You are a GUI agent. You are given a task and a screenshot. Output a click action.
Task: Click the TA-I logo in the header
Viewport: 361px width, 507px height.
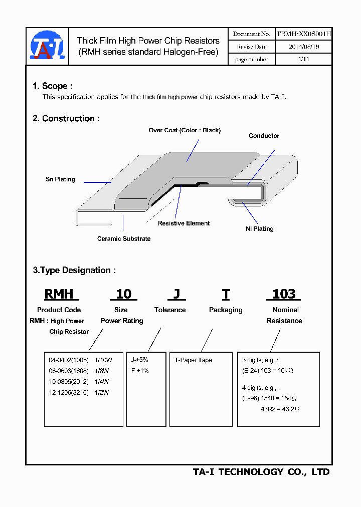coord(47,47)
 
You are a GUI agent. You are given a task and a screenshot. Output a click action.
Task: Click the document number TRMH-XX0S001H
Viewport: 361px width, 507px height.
coord(303,34)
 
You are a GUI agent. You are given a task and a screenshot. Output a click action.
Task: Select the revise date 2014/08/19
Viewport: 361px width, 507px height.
coord(303,47)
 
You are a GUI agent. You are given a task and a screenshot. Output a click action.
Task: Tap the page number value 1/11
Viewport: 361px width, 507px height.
coord(303,59)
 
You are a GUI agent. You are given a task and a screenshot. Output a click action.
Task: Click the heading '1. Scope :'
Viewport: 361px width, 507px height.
coord(53,86)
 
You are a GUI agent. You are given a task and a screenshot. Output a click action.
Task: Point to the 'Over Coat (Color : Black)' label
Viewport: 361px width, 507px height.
coord(185,130)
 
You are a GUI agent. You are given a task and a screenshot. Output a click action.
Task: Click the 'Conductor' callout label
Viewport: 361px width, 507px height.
coord(264,136)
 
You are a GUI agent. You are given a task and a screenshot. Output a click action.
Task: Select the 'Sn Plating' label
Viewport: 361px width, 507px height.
coord(60,179)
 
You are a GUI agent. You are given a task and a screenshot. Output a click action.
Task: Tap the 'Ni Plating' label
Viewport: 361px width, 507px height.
coord(260,229)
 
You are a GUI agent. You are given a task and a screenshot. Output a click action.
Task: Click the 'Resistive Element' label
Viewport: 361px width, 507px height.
coord(184,223)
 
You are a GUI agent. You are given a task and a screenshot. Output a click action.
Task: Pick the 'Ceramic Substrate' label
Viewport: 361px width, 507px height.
coord(124,239)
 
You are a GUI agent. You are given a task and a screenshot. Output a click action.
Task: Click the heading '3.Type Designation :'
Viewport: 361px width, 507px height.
coord(74,271)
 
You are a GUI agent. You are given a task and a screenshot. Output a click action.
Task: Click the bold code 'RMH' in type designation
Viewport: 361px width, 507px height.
coord(59,294)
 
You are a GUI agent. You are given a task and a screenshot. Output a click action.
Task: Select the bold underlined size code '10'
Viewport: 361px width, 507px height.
coord(123,294)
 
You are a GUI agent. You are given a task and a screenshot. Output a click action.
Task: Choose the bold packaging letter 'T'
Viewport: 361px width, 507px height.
coord(226,294)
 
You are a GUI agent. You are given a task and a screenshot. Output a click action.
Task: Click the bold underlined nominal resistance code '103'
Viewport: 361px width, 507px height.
coord(284,294)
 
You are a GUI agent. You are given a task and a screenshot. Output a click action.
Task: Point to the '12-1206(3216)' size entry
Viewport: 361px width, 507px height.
coord(69,393)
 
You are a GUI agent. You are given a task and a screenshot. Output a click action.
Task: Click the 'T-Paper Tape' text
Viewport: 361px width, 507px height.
coord(193,360)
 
